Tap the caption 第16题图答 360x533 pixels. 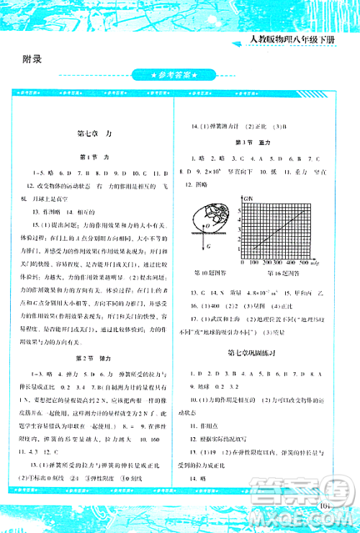tap(279, 273)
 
